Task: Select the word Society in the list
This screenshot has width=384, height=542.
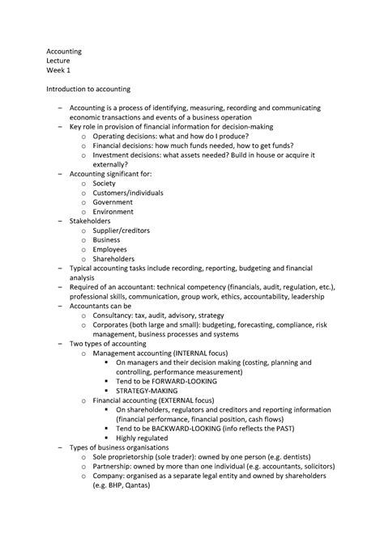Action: click(x=105, y=183)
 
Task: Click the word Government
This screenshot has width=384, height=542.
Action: click(x=113, y=202)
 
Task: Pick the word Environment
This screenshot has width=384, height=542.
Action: click(x=113, y=212)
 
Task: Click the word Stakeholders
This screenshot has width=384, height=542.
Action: click(x=91, y=221)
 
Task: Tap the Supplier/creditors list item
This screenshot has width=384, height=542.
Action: click(x=125, y=231)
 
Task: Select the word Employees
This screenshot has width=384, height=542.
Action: click(x=111, y=249)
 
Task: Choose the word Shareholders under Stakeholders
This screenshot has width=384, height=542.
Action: click(x=114, y=259)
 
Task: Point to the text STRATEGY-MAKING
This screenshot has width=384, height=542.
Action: click(x=153, y=390)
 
